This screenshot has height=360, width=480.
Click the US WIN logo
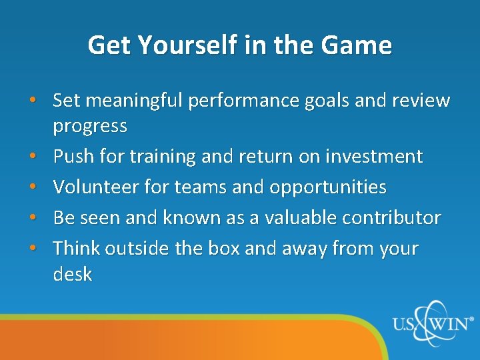tap(433, 324)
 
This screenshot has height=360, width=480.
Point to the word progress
tap(90, 126)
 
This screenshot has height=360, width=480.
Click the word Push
tap(71, 157)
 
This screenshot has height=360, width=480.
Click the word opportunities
tap(327, 187)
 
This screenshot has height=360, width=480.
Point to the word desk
tap(72, 273)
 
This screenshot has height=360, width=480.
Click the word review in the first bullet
tap(421, 101)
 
